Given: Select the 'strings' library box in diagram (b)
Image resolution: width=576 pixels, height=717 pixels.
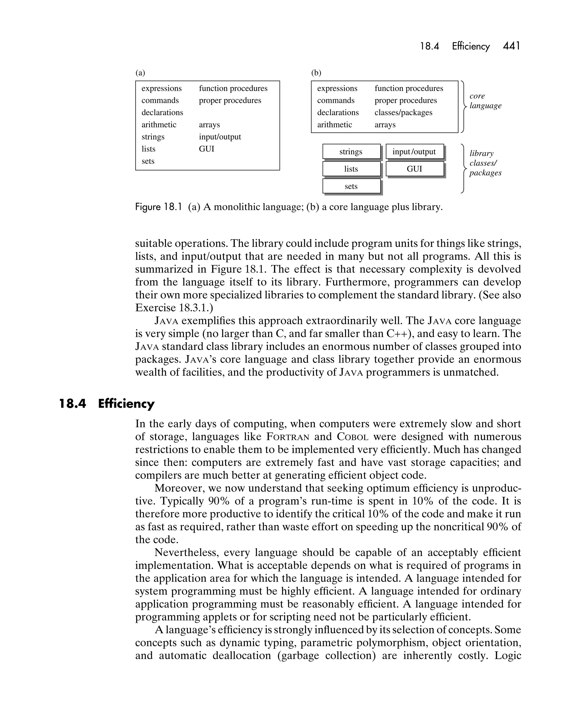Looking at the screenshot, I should pyautogui.click(x=351, y=152).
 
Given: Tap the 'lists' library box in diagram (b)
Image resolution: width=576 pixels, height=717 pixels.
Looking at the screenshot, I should pyautogui.click(x=351, y=169).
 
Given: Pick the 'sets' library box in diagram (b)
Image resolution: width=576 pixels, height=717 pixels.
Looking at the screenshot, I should pyautogui.click(x=351, y=186).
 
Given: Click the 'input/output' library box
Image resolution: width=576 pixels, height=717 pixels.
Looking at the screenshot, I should pyautogui.click(x=414, y=152).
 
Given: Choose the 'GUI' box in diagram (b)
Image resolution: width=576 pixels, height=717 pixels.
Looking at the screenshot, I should pyautogui.click(x=414, y=169).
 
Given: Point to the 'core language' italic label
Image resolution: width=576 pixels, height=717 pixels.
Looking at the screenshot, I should pyautogui.click(x=485, y=101).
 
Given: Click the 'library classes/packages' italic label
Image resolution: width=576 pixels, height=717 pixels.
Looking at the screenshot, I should pyautogui.click(x=485, y=163).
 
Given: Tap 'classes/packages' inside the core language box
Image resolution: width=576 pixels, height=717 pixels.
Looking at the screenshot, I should pyautogui.click(x=403, y=113).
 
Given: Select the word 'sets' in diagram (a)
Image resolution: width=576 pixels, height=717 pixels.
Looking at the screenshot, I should pyautogui.click(x=148, y=161).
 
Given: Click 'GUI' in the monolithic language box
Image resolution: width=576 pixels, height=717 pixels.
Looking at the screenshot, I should pyautogui.click(x=206, y=149).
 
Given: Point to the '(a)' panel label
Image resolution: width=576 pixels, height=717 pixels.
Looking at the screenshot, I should pyautogui.click(x=140, y=73).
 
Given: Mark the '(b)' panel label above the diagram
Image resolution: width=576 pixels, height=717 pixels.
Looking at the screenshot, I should pyautogui.click(x=316, y=73).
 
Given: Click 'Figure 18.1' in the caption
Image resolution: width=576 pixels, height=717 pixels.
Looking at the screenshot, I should pyautogui.click(x=159, y=207).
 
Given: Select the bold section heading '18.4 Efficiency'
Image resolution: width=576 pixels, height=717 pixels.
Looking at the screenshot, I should pyautogui.click(x=106, y=404).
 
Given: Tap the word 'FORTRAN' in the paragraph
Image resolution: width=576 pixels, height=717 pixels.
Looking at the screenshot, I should pyautogui.click(x=288, y=437).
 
